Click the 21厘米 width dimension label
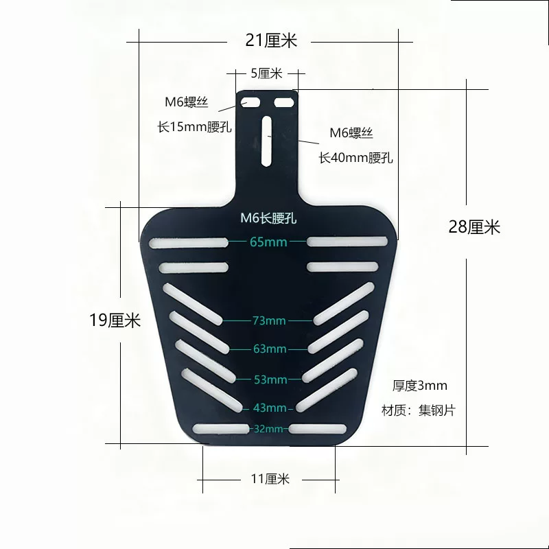coord(271,40)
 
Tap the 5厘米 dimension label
coord(266,73)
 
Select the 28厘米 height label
coord(474,227)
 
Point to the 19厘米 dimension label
coord(115,320)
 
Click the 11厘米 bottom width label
coord(270,478)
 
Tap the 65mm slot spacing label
coord(268,242)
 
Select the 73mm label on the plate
coord(269,320)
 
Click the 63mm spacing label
coord(270,349)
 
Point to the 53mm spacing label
coord(270,379)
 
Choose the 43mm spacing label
coord(270,408)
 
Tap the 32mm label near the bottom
coord(268,428)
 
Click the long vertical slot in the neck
coord(266,141)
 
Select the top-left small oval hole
coord(250,102)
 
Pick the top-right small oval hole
coord(283,102)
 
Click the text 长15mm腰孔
coord(194,127)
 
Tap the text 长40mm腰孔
coord(355,158)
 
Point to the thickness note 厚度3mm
coord(420,386)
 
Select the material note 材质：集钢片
coord(419,410)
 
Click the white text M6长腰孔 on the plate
coord(268,218)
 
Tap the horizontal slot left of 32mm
coord(221,428)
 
